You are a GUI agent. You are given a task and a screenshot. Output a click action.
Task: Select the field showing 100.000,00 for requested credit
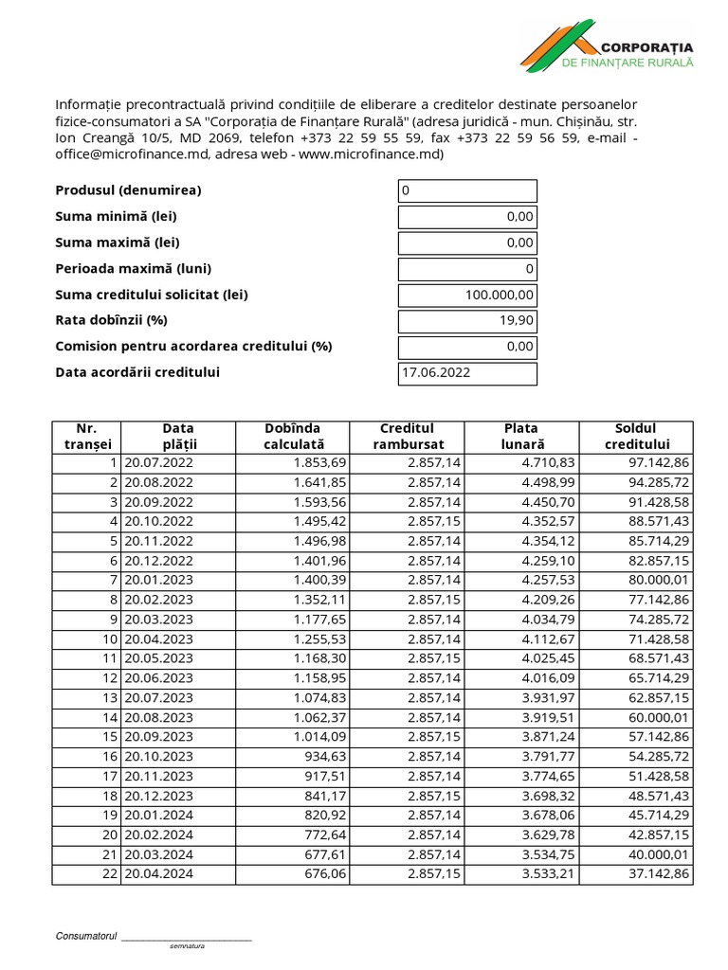(x=467, y=295)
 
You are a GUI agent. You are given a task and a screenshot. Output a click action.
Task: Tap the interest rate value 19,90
(x=467, y=321)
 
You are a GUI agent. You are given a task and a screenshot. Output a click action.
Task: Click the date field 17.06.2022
(x=467, y=373)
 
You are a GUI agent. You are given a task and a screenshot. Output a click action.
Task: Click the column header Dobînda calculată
(x=293, y=436)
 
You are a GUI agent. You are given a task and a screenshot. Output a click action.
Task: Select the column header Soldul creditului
(x=636, y=436)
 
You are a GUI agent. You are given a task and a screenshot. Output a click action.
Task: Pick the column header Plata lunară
(x=520, y=436)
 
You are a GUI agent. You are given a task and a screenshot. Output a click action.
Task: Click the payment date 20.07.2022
(x=158, y=462)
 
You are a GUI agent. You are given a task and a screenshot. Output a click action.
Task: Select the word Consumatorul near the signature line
(x=85, y=936)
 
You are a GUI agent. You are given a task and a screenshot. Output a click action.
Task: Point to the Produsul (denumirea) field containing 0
(x=467, y=190)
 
